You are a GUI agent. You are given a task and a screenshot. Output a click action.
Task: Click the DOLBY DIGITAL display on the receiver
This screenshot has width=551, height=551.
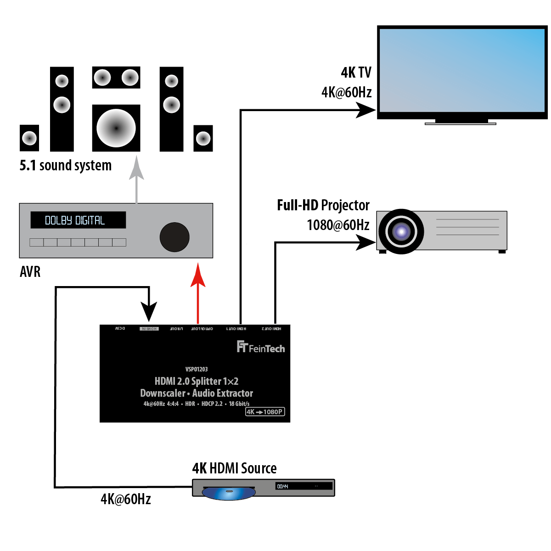[x=78, y=220]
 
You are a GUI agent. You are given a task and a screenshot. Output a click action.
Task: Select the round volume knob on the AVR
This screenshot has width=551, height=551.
[x=174, y=237]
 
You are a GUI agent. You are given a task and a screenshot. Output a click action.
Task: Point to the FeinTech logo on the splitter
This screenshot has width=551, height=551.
[x=261, y=347]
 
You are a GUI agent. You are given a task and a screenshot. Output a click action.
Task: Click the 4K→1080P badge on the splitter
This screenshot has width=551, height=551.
[x=265, y=412]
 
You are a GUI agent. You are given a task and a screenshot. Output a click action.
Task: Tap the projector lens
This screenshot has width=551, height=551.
[x=401, y=231]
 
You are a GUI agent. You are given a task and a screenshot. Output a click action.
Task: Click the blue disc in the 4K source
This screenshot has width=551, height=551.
[x=229, y=493]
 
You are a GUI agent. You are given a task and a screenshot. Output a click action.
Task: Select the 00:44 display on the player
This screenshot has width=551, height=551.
[x=283, y=486]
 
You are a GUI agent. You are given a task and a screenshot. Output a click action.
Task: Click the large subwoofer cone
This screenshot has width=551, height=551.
[x=116, y=128]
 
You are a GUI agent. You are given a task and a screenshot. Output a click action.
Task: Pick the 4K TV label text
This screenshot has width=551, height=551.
[x=356, y=73]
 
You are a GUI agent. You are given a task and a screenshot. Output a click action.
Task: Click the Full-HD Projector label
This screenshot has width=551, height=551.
[x=323, y=205]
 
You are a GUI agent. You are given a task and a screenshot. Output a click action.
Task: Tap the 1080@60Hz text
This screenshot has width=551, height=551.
[x=338, y=225]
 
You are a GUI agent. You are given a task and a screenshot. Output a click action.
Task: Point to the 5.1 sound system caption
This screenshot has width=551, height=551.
[x=66, y=165]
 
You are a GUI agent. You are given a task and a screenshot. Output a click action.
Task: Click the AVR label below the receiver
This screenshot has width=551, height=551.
[x=30, y=272]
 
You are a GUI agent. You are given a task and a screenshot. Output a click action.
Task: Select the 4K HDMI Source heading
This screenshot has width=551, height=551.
[x=234, y=468]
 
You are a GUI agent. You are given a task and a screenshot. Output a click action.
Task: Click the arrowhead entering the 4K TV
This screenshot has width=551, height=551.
[x=366, y=110]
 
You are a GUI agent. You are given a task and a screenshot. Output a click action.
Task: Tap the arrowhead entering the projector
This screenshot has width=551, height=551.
[x=366, y=242]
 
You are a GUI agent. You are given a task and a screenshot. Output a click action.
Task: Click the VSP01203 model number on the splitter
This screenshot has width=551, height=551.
[x=197, y=369]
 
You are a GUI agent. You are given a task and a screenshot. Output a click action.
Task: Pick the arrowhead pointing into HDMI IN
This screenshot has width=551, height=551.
[x=149, y=312]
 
